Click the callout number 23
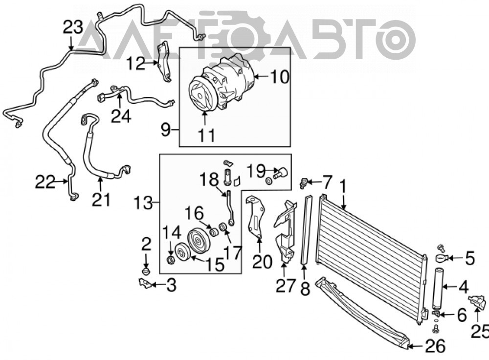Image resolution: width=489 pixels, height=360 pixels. point(73,27)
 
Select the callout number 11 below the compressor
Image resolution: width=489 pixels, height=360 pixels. point(206,135)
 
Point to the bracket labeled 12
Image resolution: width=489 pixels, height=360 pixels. point(164,62)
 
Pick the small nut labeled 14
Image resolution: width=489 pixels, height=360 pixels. point(171,260)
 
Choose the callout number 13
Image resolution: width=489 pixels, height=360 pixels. point(143,203)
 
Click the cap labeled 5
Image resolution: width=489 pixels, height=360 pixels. point(442,258)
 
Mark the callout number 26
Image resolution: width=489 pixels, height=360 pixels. point(435,346)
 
